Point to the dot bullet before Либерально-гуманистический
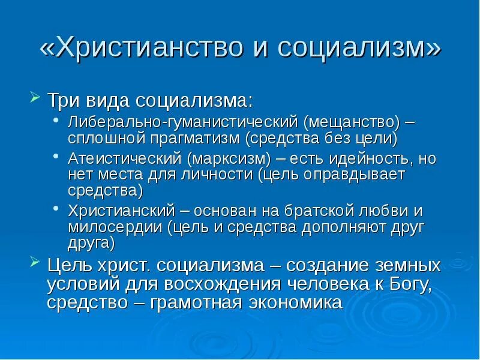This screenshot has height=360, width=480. (x=56, y=122)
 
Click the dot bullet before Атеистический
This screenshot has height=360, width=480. (x=56, y=158)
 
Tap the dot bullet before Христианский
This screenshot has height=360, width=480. (x=56, y=209)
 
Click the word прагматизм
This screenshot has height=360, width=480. (x=193, y=139)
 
